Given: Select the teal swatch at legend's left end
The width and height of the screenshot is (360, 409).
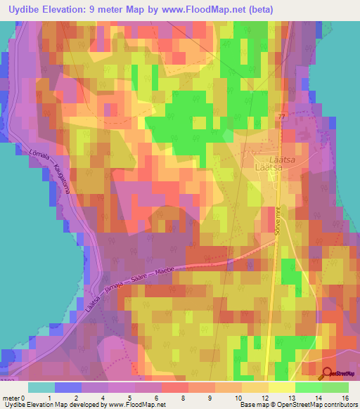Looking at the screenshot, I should [41, 387].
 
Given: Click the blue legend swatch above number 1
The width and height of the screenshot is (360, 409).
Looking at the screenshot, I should [67, 387].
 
